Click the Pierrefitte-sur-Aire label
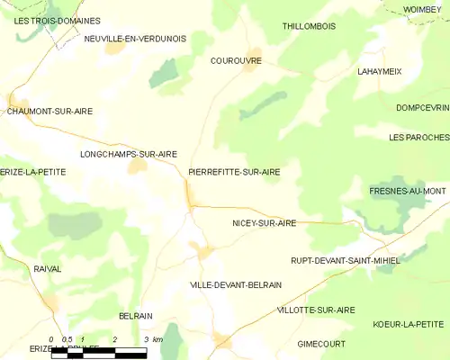click(x=234, y=171)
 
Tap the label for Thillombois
click(x=309, y=26)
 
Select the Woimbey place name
click(x=423, y=9)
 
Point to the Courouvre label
click(x=235, y=61)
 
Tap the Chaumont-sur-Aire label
click(x=49, y=111)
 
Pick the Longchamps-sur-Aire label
click(x=128, y=154)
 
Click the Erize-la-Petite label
click(x=33, y=171)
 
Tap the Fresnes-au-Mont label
click(x=408, y=192)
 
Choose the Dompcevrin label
click(x=422, y=107)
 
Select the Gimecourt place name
click(x=322, y=344)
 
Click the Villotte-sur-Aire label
click(x=316, y=310)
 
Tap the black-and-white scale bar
click(x=99, y=354)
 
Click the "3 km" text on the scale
click(x=152, y=339)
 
